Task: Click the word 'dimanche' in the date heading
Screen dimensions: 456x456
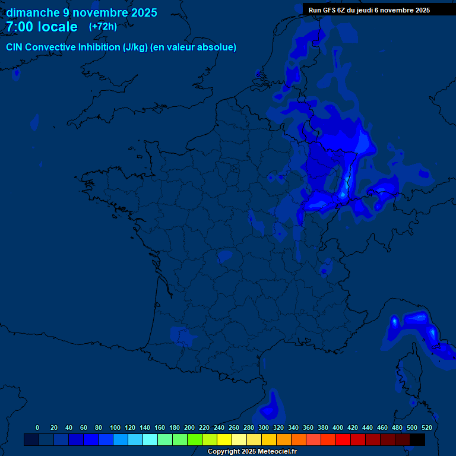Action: click(x=33, y=12)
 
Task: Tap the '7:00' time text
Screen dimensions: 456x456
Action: click(x=20, y=27)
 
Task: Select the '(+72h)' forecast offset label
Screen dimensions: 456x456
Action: click(x=103, y=27)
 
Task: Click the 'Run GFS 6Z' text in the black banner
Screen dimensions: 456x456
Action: click(x=330, y=10)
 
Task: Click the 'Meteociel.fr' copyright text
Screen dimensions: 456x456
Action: click(x=277, y=452)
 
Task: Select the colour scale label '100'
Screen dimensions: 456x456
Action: click(x=115, y=427)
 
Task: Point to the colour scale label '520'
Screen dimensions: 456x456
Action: click(x=426, y=427)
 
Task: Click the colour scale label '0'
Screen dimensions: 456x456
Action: click(x=37, y=427)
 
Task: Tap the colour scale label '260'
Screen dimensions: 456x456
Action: click(x=233, y=427)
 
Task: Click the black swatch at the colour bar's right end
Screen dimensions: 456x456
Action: click(x=417, y=440)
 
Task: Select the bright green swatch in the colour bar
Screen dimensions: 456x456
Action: click(x=194, y=440)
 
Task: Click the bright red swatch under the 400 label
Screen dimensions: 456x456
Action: click(x=343, y=440)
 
